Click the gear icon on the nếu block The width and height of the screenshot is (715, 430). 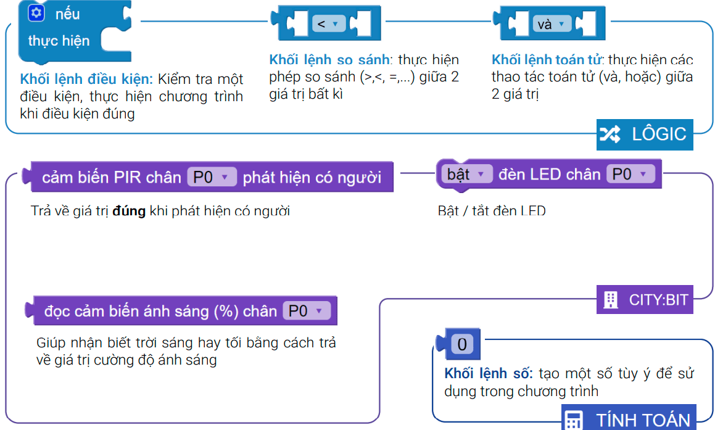(x=36, y=13)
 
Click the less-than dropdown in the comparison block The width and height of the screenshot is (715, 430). (x=328, y=24)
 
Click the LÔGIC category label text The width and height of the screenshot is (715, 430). (x=659, y=134)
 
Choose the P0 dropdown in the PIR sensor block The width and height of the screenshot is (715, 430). (x=211, y=178)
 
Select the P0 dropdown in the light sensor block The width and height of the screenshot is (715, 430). (x=306, y=311)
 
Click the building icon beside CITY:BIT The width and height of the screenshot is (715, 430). (x=610, y=300)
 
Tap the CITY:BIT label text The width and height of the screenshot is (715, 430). (x=658, y=300)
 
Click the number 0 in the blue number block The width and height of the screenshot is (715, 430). (x=462, y=344)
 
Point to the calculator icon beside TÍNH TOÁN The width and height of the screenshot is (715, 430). (x=574, y=420)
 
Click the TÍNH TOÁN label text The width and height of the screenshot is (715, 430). (x=643, y=420)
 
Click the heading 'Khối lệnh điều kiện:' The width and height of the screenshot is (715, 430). (x=86, y=80)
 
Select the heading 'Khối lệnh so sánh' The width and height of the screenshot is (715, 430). (x=329, y=60)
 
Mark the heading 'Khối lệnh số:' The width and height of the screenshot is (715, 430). (x=489, y=374)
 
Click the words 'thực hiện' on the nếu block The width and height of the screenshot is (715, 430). (x=59, y=41)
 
